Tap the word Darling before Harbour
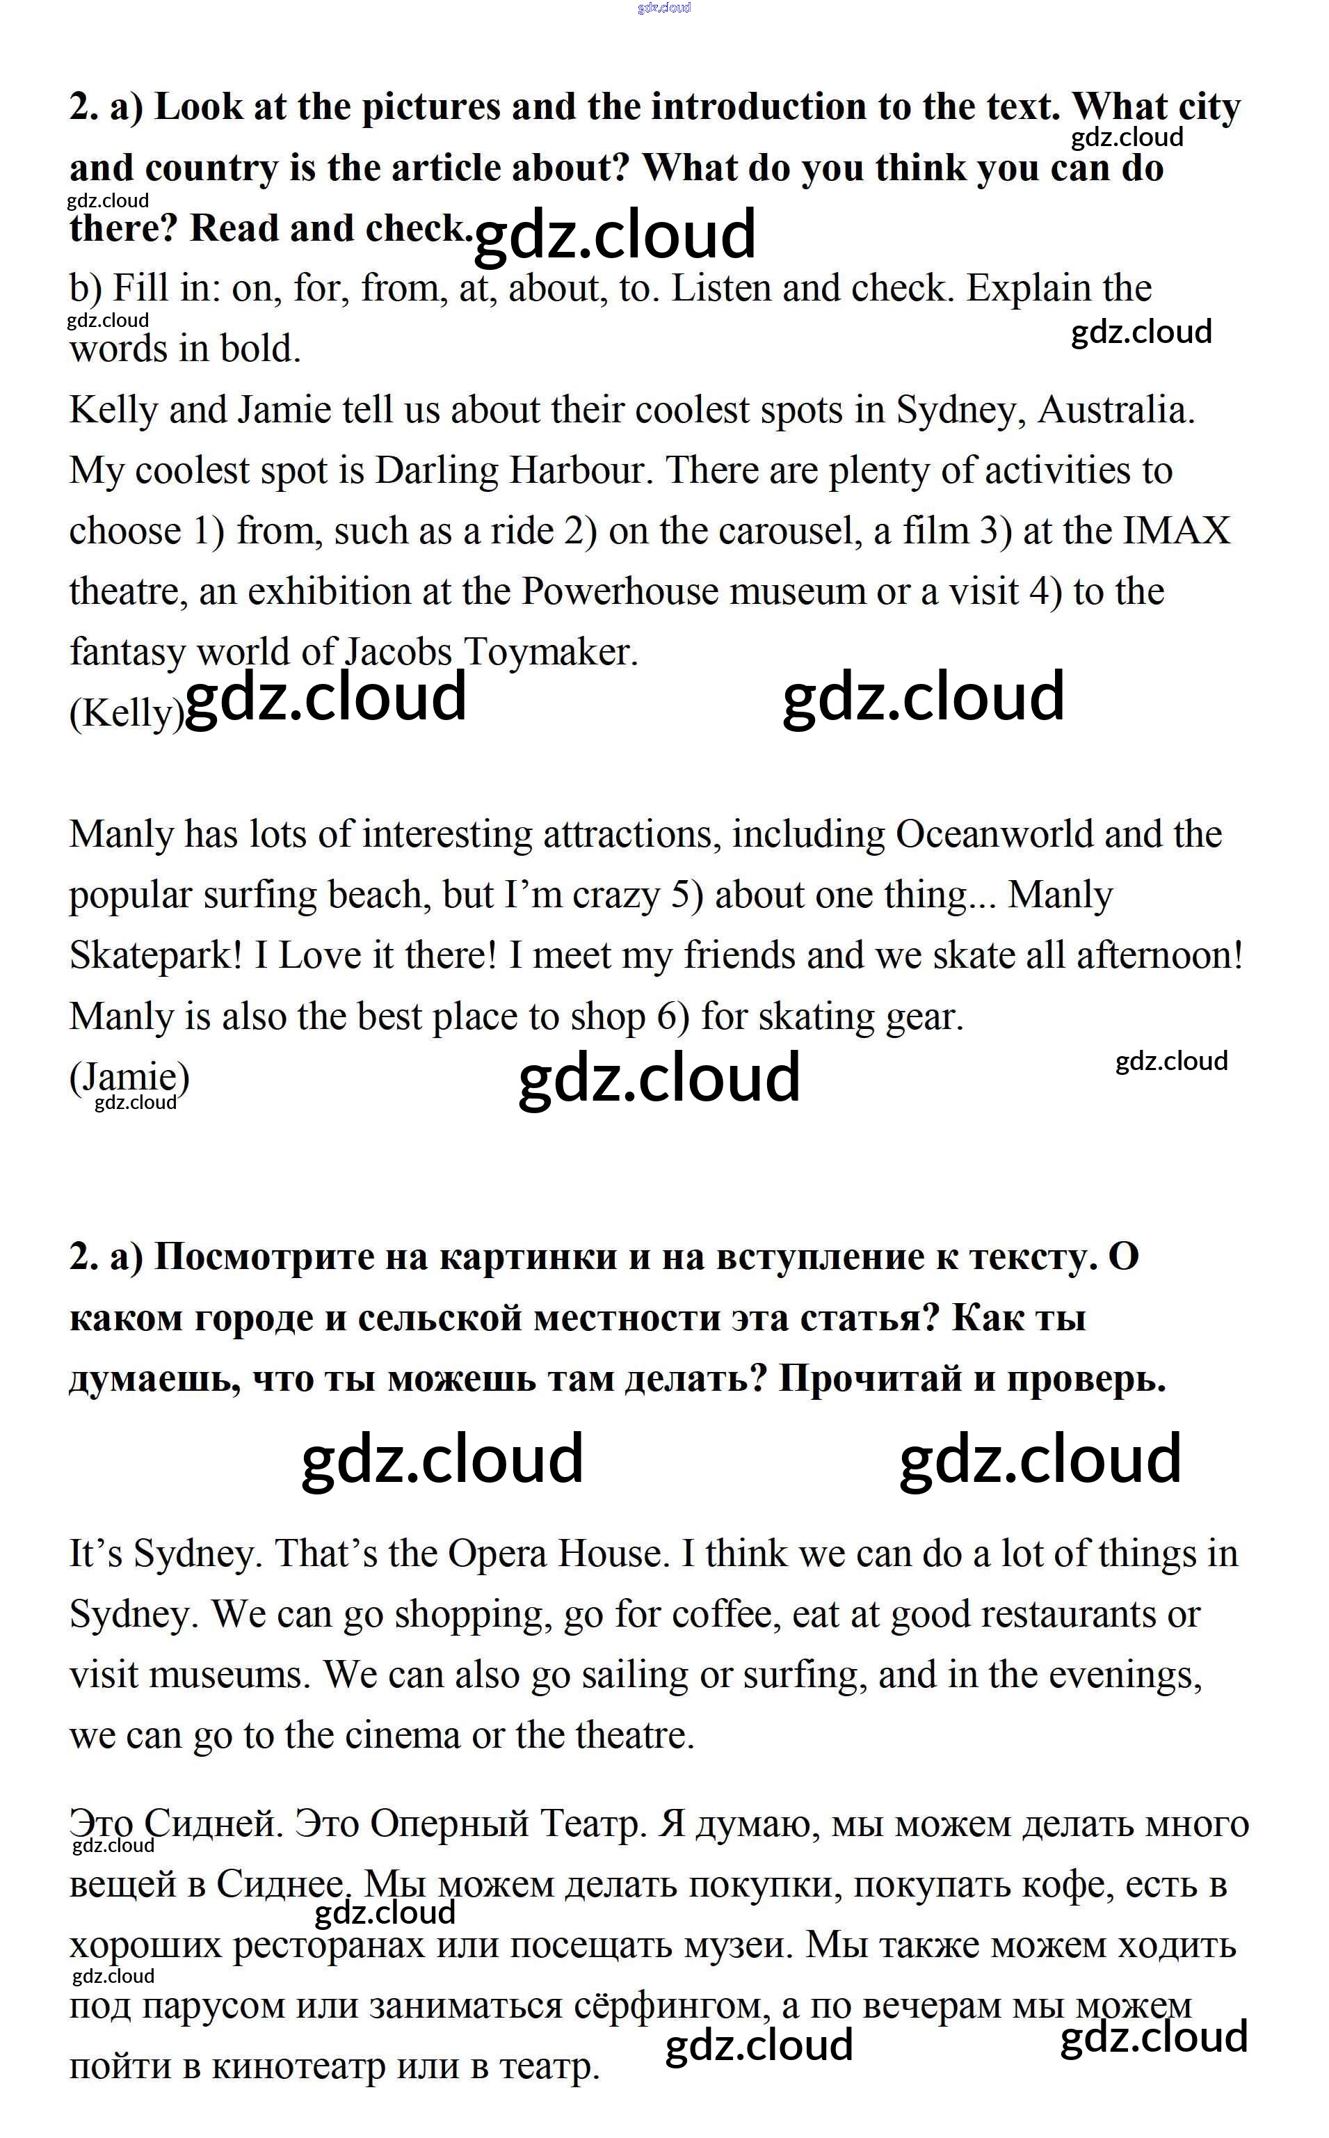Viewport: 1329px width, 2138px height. coord(436,471)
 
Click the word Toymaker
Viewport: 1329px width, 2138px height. coord(549,653)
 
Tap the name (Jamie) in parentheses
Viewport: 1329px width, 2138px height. coord(129,1077)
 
